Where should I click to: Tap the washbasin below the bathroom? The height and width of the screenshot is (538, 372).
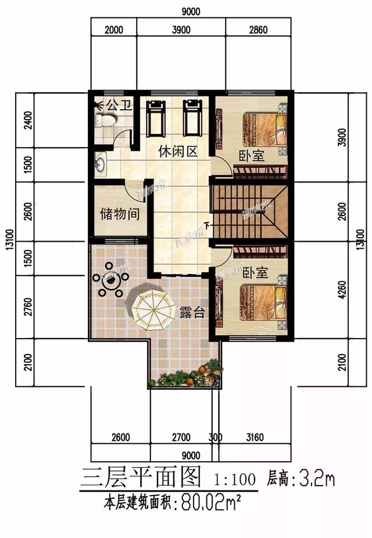click(x=100, y=162)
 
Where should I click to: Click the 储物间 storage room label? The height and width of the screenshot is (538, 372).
click(x=120, y=213)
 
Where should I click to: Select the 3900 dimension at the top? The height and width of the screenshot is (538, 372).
click(x=181, y=30)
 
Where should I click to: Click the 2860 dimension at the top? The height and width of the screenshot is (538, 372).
click(x=256, y=30)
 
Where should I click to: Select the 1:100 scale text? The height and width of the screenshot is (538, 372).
click(x=235, y=480)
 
